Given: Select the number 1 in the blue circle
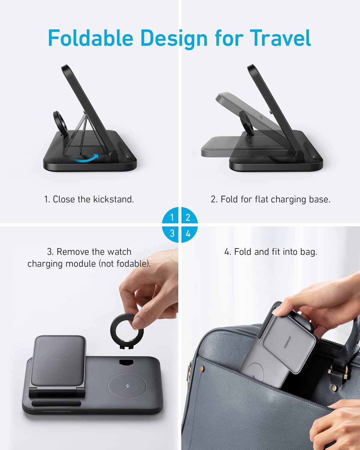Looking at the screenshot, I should pyautogui.click(x=172, y=217).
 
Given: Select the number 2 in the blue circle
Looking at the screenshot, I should pyautogui.click(x=188, y=217).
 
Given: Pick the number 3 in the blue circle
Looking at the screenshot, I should pyautogui.click(x=172, y=233).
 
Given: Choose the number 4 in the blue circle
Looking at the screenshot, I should pyautogui.click(x=188, y=233).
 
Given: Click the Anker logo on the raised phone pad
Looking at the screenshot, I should pyautogui.click(x=59, y=359).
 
